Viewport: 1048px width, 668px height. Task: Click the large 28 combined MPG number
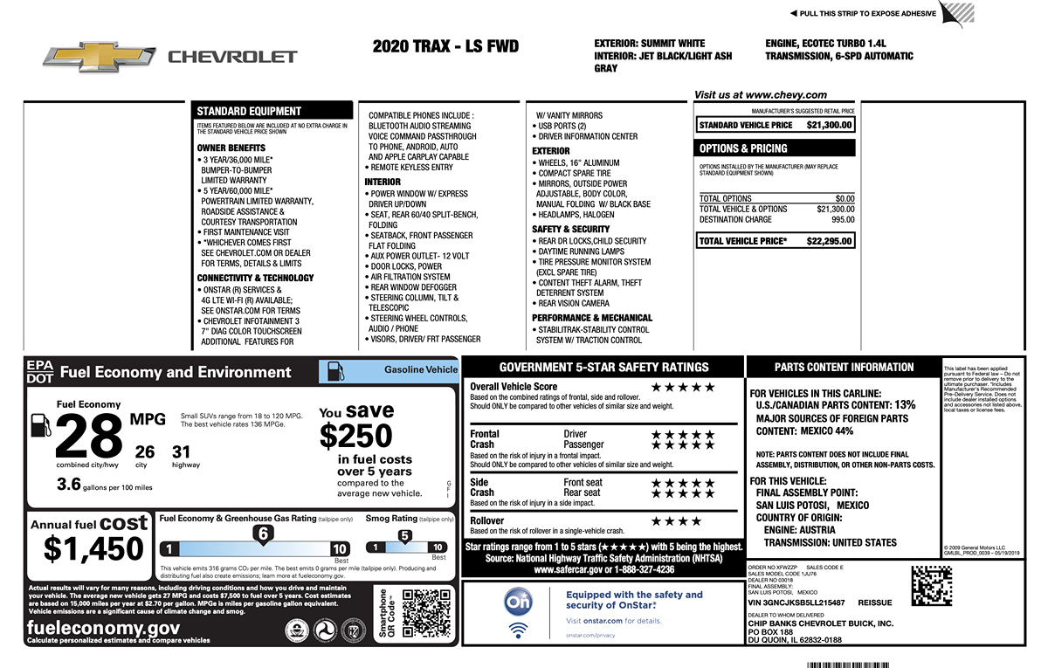(90, 437)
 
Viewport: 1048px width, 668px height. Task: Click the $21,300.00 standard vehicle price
(829, 125)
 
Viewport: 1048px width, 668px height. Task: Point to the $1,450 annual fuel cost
(93, 548)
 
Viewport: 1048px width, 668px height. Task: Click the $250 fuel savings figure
(356, 436)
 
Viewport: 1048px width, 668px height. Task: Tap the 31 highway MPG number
(181, 451)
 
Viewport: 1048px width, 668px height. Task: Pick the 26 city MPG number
(145, 451)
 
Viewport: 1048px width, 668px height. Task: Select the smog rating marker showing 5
(404, 536)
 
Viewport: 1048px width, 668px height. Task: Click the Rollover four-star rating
(676, 521)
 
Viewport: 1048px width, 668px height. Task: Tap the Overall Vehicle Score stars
(683, 387)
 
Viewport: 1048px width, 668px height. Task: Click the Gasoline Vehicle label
(421, 370)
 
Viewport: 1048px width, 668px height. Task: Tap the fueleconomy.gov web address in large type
(104, 628)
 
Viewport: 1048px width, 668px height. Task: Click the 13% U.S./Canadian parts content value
(905, 405)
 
